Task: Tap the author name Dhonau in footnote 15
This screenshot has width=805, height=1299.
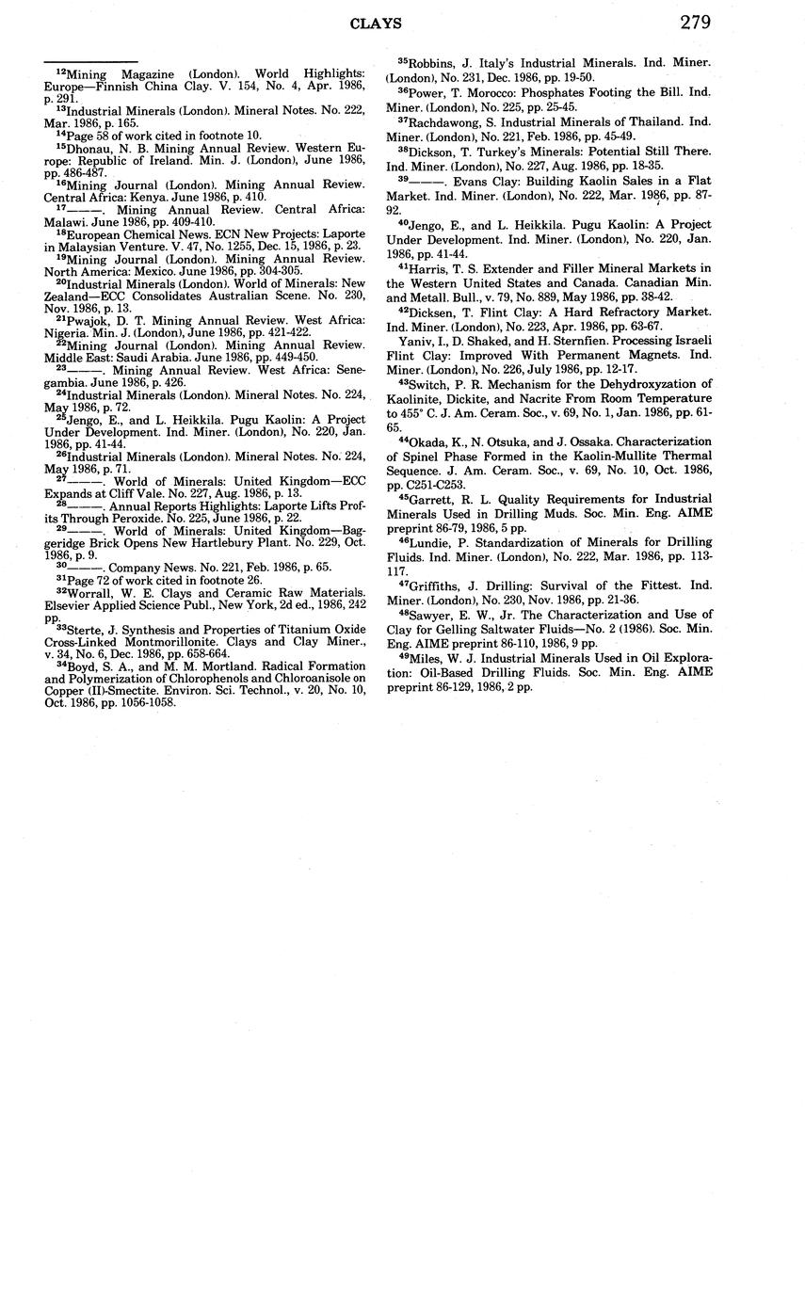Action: point(87,148)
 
